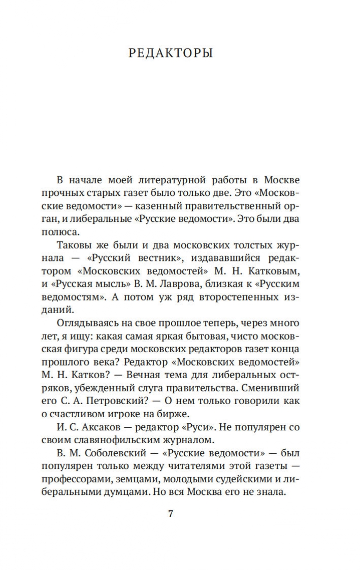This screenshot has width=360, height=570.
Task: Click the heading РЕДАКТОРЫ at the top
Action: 171,53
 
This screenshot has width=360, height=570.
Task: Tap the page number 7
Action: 171,513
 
